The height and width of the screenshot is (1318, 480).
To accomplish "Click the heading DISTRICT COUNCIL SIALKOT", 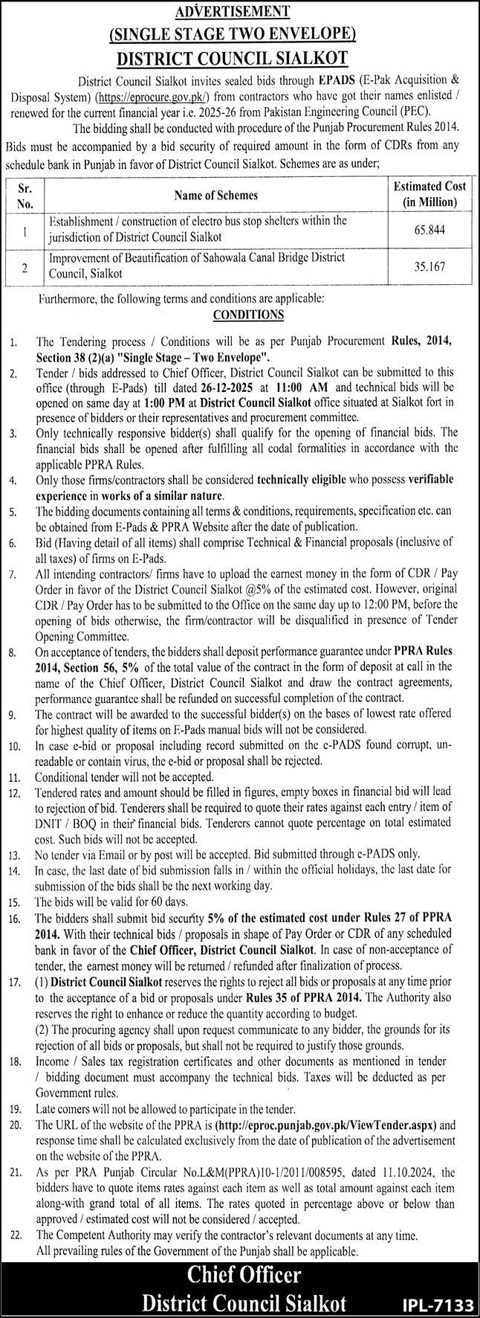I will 239,57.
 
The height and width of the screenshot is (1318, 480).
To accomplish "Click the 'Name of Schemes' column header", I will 215,195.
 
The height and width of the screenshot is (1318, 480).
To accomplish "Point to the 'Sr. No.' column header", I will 25,195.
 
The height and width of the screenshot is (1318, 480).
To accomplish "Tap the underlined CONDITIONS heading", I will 248,315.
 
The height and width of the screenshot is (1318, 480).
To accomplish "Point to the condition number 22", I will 16,1235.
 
